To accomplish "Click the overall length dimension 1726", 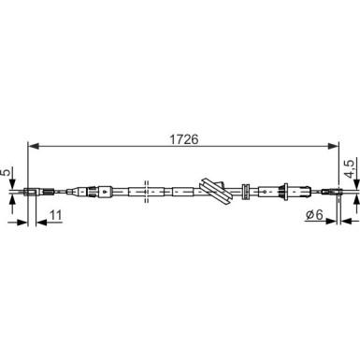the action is point(183,139).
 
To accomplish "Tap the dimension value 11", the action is point(56,215).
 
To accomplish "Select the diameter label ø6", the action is point(314,215).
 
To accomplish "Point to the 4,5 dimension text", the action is point(350,168).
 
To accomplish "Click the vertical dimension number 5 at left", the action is point(7,172).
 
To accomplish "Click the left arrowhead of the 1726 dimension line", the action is point(34,146).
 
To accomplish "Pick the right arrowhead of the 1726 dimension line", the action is point(333,146).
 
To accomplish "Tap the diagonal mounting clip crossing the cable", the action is point(216,192).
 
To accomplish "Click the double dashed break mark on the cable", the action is point(146,192).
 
